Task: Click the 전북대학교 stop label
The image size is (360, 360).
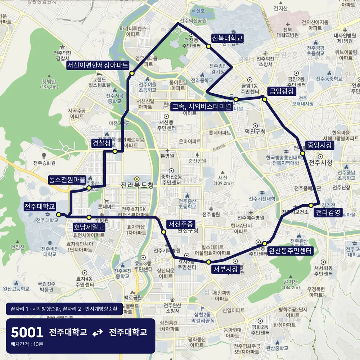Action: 227,38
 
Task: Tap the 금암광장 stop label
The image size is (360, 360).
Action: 282,91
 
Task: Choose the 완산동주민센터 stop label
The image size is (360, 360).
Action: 290,251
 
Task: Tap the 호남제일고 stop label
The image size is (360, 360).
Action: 89,227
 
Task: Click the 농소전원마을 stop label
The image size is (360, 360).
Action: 68,179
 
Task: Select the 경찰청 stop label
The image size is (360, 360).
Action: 102,143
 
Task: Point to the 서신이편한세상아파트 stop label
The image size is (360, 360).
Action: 98,65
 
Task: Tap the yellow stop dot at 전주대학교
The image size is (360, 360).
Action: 58,215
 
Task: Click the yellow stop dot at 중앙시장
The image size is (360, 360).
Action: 303,153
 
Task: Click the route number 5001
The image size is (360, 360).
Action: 27,332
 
